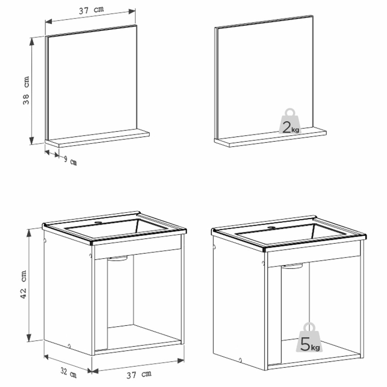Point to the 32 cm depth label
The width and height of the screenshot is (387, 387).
click(x=68, y=373)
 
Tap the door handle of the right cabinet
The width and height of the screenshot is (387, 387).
click(x=292, y=266)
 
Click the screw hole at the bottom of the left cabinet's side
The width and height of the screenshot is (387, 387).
click(x=69, y=346)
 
